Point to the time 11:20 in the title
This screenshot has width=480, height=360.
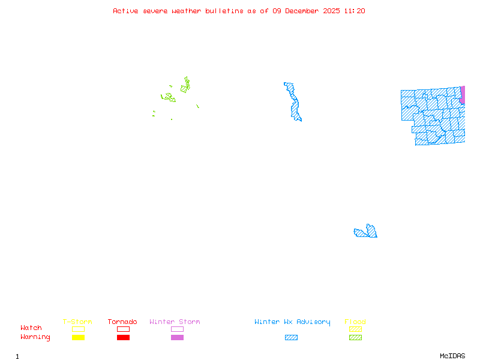[355, 11]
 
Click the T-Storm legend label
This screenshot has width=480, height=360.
[77, 322]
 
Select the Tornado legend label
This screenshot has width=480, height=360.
[122, 322]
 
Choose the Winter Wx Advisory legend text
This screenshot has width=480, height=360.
[292, 322]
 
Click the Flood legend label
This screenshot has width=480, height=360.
[355, 322]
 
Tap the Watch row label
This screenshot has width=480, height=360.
[31, 328]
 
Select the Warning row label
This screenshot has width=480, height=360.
[35, 337]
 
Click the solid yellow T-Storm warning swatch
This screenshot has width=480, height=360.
[78, 338]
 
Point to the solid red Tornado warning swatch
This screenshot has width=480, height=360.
[123, 338]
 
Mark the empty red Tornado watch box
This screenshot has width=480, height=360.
[123, 329]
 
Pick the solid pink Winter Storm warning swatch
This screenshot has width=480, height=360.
[177, 338]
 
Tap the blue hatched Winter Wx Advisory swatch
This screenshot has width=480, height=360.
[291, 338]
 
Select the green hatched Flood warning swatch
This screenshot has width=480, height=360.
[355, 338]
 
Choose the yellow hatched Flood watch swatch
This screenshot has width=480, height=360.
[355, 329]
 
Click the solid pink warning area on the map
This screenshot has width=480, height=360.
[463, 95]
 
